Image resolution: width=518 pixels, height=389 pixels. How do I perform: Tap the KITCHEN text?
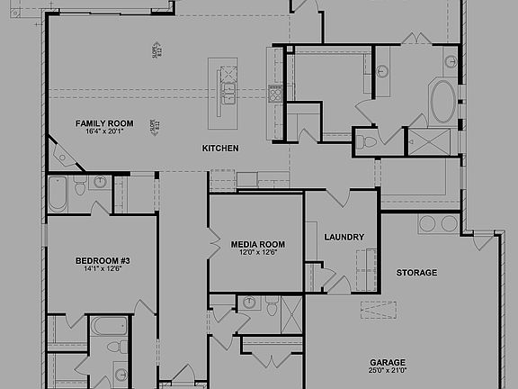click(219, 148)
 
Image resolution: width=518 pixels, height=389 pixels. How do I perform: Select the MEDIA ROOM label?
click(257, 244)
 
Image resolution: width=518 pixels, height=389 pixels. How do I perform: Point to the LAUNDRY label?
click(344, 238)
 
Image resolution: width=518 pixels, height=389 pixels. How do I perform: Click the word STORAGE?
click(416, 273)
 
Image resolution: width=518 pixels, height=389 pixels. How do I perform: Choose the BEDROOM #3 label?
click(101, 261)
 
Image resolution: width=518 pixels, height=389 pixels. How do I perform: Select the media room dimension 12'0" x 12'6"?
click(257, 253)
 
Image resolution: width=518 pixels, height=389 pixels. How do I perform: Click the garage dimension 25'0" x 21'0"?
click(387, 369)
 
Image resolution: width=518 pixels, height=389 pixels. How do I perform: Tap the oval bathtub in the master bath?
click(443, 104)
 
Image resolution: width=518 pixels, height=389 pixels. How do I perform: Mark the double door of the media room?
click(214, 243)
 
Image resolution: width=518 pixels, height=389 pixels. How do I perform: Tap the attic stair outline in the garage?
click(379, 311)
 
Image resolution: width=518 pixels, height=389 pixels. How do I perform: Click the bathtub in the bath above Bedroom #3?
click(57, 192)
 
